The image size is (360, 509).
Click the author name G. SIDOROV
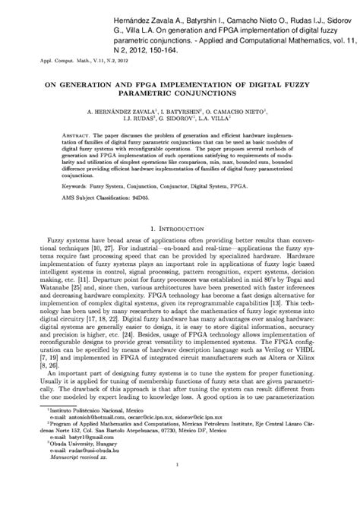tap(175, 119)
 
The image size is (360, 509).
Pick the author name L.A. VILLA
tap(219, 119)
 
